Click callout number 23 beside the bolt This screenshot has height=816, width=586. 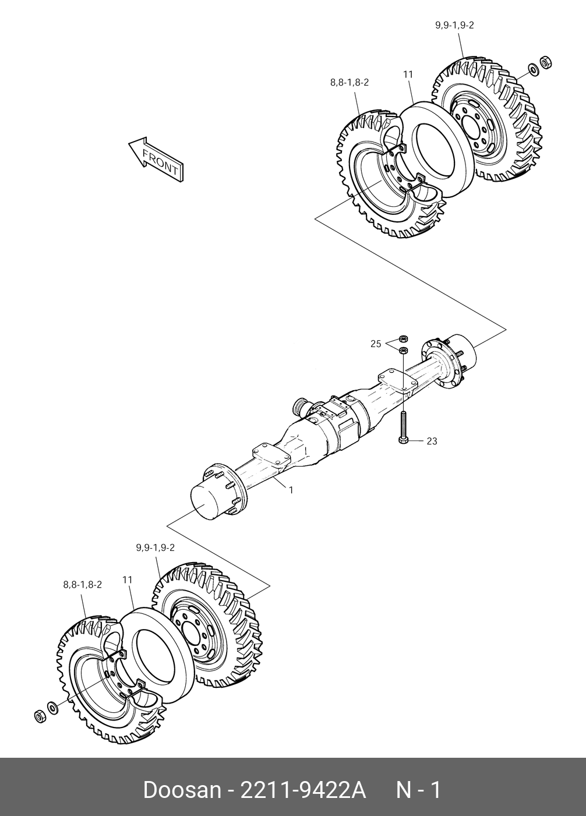click(x=432, y=441)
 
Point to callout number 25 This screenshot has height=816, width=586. click(x=376, y=344)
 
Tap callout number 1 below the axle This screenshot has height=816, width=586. click(x=291, y=490)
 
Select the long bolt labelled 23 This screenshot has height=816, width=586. click(x=403, y=426)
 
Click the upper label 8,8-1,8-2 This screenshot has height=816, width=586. click(x=350, y=83)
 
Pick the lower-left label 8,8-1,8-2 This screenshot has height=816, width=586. click(x=83, y=584)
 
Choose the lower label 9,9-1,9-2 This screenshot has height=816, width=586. click(x=156, y=547)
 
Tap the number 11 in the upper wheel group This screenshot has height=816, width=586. click(x=408, y=74)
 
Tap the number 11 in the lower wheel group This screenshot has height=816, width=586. click(x=128, y=580)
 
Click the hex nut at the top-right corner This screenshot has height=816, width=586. click(x=546, y=62)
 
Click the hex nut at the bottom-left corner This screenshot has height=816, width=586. click(x=40, y=716)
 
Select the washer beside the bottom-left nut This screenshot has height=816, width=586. click(x=52, y=708)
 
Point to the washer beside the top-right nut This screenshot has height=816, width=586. click(x=532, y=70)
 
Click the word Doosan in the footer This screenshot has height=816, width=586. click(x=182, y=791)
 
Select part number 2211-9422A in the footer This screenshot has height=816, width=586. click(x=302, y=791)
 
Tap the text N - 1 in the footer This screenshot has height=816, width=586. click(x=419, y=791)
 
